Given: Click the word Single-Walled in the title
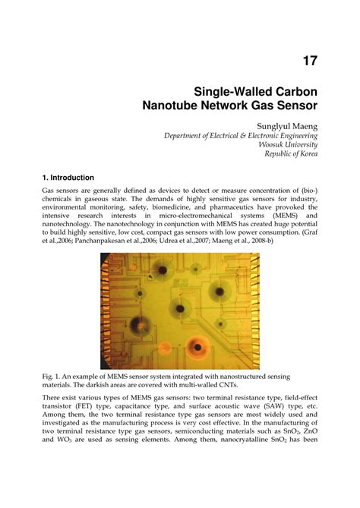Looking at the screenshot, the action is pos(221,90).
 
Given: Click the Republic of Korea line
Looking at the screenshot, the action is pos(291,153).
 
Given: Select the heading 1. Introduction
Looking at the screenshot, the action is pos(68,177).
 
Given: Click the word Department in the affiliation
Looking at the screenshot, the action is pos(185,135).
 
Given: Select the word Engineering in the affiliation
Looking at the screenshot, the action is pos(296,135).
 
